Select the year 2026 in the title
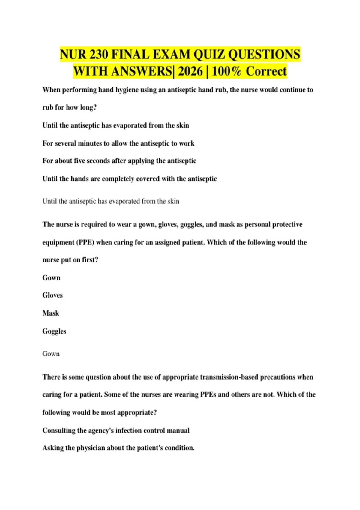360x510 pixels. click(x=190, y=71)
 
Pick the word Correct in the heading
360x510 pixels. click(x=266, y=71)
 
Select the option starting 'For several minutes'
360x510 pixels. click(x=118, y=143)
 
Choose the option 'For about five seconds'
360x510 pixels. click(x=119, y=161)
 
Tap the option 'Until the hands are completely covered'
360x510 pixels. click(x=129, y=179)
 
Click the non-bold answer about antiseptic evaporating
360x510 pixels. click(x=111, y=201)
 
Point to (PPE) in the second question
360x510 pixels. click(x=86, y=242)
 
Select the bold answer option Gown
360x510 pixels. click(x=51, y=278)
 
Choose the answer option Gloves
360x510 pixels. click(x=52, y=295)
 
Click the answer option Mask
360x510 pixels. click(x=51, y=313)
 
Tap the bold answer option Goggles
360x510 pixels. click(x=54, y=331)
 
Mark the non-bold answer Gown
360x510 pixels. click(x=51, y=354)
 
